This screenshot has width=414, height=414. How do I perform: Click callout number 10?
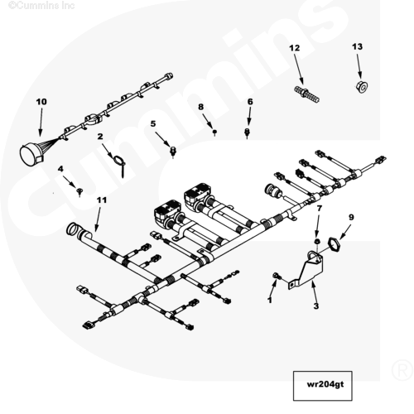pos(41,102)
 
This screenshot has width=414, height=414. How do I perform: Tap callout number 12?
pos(295,48)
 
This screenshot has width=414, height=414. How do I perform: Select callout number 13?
pos(357,46)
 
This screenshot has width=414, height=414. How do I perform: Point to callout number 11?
pos(102,200)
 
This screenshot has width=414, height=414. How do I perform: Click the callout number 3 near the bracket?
pos(316,306)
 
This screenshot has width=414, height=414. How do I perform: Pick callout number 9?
pos(351,217)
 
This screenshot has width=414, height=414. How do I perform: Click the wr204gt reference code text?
pos(325,384)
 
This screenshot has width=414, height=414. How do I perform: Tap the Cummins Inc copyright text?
pos(41,5)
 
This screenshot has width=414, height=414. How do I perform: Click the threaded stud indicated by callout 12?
pos(306,94)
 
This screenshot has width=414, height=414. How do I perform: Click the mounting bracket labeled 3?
pos(308,271)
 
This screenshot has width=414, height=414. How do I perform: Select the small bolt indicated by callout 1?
pos(277,276)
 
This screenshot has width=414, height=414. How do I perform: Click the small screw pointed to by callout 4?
pos(79,191)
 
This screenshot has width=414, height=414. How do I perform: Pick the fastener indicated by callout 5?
pos(173,151)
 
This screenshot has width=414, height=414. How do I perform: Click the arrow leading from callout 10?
pos(41,123)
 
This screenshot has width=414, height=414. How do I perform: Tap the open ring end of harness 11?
pos(72,229)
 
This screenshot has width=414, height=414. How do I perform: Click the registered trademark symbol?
pos(402,370)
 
